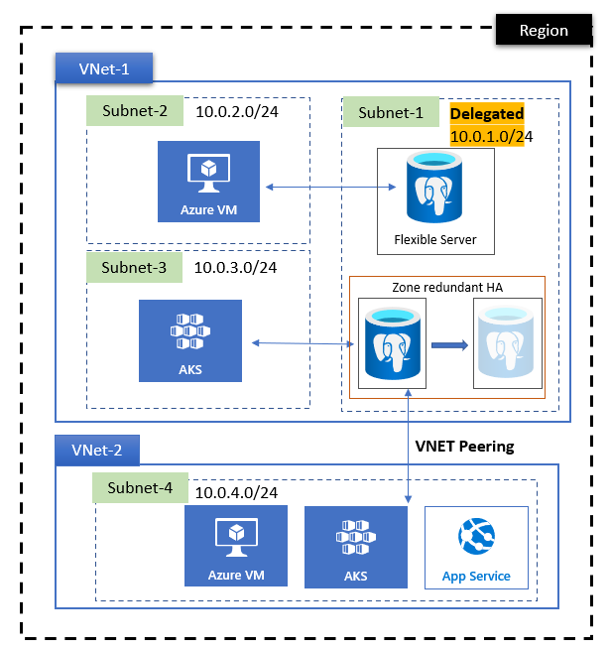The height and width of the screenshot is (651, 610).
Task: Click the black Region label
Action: pyautogui.click(x=544, y=30)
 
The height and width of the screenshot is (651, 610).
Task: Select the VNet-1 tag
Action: pyautogui.click(x=103, y=68)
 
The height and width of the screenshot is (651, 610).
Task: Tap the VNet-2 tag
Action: pyautogui.click(x=96, y=451)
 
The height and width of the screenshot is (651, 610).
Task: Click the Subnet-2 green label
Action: pyautogui.click(x=135, y=110)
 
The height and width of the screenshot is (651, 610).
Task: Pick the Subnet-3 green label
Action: pyautogui.click(x=135, y=266)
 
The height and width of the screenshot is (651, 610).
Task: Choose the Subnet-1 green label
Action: pyautogui.click(x=390, y=112)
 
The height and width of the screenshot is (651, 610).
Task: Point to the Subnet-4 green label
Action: pyautogui.click(x=141, y=487)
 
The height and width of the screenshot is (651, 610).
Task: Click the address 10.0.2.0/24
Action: pyautogui.click(x=236, y=111)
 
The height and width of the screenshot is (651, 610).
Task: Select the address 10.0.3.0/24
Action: pyautogui.click(x=235, y=267)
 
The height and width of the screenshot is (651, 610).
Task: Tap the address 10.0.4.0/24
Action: pyautogui.click(x=235, y=492)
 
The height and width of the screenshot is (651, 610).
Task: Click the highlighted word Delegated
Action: pyautogui.click(x=487, y=114)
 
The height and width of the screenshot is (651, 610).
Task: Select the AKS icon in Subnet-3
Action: pyautogui.click(x=190, y=340)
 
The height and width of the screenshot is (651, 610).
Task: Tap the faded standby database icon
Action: pyautogui.click(x=508, y=345)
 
